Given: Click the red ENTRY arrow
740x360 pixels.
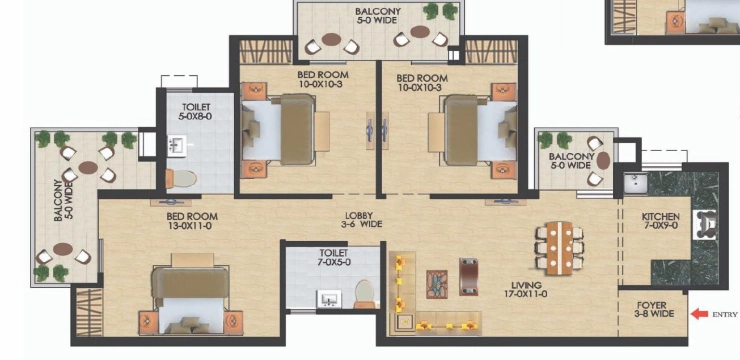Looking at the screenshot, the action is [699, 313].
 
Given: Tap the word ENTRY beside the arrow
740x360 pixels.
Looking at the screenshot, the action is [724, 314].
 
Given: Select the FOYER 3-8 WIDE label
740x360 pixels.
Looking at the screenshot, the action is [655, 310].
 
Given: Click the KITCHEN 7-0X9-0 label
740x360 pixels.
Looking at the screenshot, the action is [661, 221].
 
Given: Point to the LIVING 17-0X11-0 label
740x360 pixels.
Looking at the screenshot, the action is [526, 290].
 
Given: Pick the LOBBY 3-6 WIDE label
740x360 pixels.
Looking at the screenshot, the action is [363, 220].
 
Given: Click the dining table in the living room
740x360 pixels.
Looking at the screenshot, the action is [559, 248].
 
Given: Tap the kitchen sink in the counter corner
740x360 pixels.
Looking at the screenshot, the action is [635, 183].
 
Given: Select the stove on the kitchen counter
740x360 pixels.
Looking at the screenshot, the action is [705, 224].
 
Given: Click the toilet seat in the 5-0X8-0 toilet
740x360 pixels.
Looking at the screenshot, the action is [181, 179].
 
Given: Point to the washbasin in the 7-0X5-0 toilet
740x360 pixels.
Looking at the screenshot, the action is [329, 299].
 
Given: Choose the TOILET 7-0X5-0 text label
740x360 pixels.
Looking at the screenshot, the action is [333, 258].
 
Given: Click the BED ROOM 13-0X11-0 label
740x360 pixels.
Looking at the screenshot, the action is [192, 221].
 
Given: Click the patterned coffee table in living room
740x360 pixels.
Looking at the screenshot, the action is [437, 284].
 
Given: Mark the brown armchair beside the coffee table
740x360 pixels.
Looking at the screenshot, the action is [468, 277].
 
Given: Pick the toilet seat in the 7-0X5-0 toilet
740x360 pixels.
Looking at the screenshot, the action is [364, 294].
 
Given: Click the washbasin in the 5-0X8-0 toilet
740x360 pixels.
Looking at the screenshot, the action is [177, 146].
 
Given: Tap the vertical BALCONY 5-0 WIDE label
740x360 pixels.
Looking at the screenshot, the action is [62, 200].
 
